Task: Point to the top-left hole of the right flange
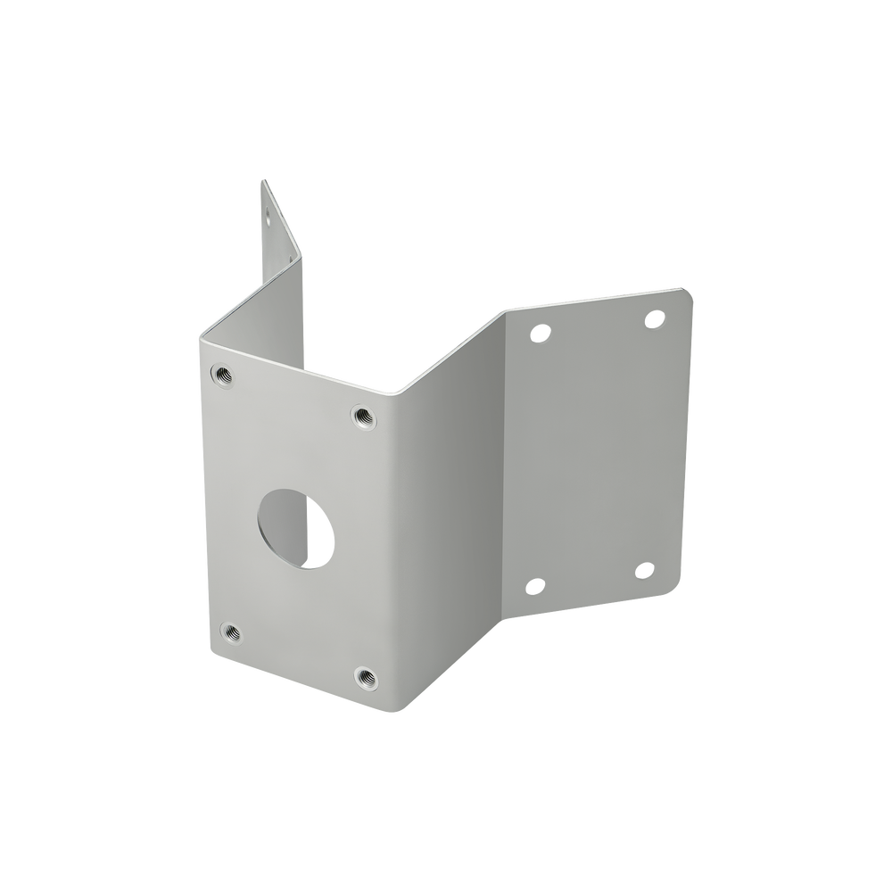pyautogui.click(x=538, y=334)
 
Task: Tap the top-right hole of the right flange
pyautogui.click(x=654, y=318)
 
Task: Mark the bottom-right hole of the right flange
pyautogui.click(x=644, y=569)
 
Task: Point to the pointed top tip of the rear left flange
pyautogui.click(x=260, y=180)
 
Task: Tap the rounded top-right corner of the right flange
pyautogui.click(x=690, y=292)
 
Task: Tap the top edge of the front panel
pyautogui.click(x=294, y=366)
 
